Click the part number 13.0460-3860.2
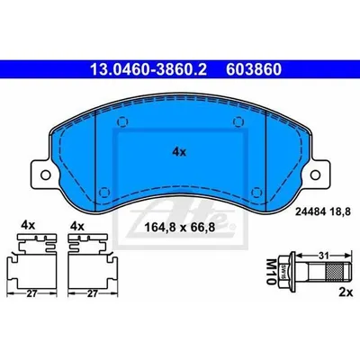[148, 69]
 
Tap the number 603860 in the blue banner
[254, 69]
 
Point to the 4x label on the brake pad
[179, 152]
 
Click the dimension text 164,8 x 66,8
[180, 228]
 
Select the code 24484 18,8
[323, 212]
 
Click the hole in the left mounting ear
[45, 175]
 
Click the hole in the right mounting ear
[316, 175]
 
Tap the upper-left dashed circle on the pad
[122, 121]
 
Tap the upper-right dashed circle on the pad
[238, 121]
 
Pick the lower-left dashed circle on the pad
[103, 192]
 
